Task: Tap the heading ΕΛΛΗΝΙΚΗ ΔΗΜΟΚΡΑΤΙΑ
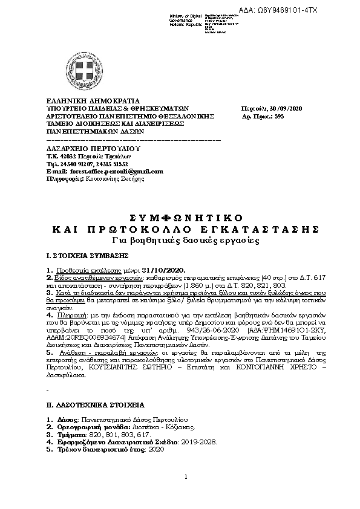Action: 93,100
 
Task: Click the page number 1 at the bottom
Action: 185,477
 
